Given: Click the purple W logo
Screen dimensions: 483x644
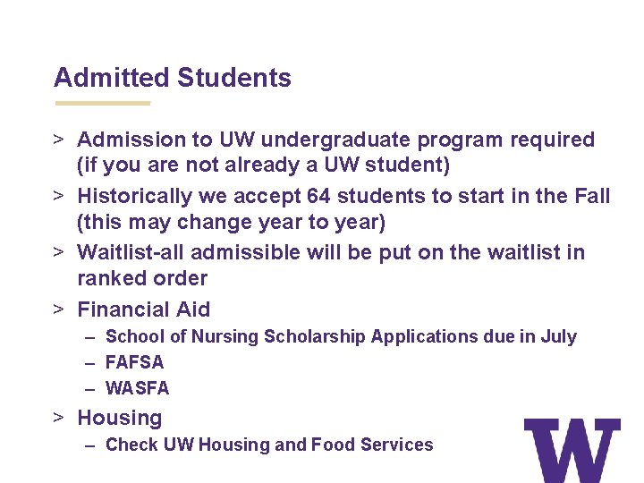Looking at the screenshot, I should [572, 450].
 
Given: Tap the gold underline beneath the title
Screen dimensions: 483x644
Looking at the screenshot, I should [103, 103].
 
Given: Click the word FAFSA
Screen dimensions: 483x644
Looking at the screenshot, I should [135, 362].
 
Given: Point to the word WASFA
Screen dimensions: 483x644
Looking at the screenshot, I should [137, 388].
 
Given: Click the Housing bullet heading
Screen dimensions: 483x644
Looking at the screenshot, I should [120, 418].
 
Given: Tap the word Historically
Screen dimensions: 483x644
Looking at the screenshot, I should [135, 196].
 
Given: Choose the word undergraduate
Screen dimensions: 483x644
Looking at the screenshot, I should [320, 140].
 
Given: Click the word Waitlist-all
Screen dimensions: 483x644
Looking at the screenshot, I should [131, 252].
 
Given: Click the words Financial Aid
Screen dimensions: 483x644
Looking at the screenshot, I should [144, 309].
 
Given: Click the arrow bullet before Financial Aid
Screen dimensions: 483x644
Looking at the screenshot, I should [58, 309].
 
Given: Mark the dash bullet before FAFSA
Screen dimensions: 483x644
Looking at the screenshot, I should [90, 362].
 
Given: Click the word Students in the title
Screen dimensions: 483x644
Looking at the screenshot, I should [234, 78].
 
